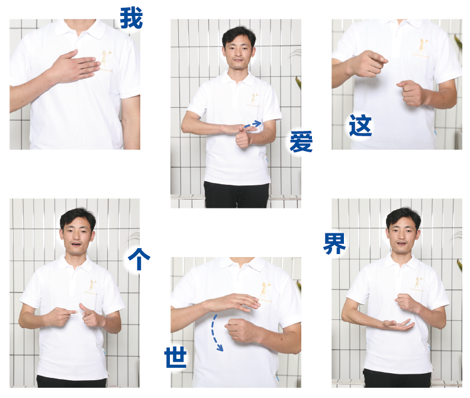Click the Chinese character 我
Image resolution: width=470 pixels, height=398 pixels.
click(x=131, y=18)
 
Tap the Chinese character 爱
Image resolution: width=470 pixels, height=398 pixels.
click(x=301, y=142)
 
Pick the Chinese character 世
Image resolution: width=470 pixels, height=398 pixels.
click(x=176, y=357)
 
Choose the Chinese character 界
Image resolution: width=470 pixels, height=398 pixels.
click(x=334, y=243)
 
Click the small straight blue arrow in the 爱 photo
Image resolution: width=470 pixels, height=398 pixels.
click(x=253, y=124)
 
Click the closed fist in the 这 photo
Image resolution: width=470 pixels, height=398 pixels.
click(x=412, y=92)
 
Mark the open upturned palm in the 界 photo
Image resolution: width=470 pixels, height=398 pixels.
click(x=398, y=324)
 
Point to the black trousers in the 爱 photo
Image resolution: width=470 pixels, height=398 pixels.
click(x=236, y=194)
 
